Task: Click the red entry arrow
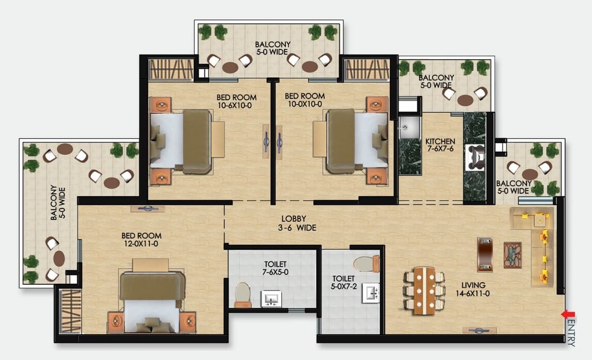[x=568, y=314]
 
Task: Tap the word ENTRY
[x=571, y=333]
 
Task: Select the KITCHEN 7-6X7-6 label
[x=440, y=145]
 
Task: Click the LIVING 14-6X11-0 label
[x=473, y=289]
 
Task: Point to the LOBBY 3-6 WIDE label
[x=297, y=223]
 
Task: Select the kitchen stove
[x=475, y=157]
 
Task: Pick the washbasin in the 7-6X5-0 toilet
[x=271, y=299]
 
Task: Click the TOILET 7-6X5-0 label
[x=275, y=268]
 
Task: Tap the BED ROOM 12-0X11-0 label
[x=141, y=240]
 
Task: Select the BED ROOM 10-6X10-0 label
[x=236, y=101]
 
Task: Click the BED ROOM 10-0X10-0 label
[x=305, y=100]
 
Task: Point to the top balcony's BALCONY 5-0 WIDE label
[x=273, y=48]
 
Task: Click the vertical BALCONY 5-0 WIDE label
[x=58, y=203]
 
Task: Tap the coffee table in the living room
[x=485, y=254]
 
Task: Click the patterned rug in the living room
[x=513, y=255]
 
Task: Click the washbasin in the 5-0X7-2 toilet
[x=371, y=293]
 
